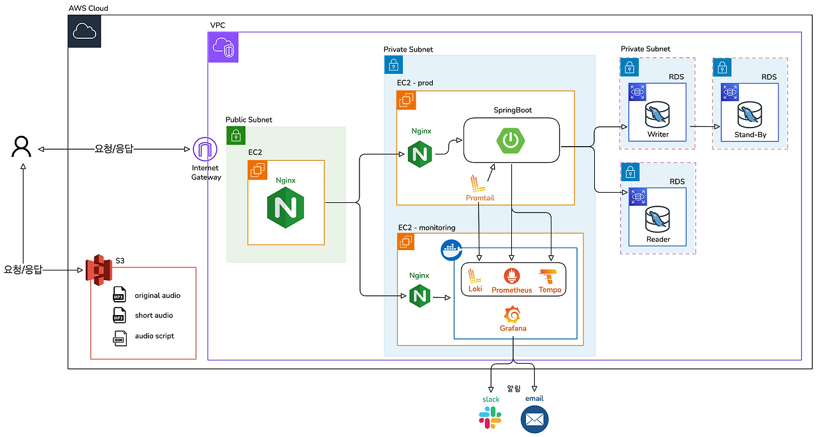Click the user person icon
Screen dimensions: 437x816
pyautogui.click(x=21, y=147)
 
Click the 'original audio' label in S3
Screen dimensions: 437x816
pyautogui.click(x=157, y=295)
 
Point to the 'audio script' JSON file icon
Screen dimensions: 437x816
pyautogui.click(x=119, y=337)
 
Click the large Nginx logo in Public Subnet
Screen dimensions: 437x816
pyautogui.click(x=286, y=209)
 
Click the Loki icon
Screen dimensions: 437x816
pyautogui.click(x=475, y=276)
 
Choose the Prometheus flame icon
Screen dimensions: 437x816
pyautogui.click(x=512, y=276)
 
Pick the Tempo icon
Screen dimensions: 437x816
pyautogui.click(x=550, y=276)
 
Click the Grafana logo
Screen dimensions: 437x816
pyautogui.click(x=513, y=315)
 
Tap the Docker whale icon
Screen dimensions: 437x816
pyautogui.click(x=451, y=250)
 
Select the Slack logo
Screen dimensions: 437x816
pyautogui.click(x=490, y=418)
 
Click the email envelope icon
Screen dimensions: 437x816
pyautogui.click(x=534, y=420)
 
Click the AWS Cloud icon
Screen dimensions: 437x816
pyautogui.click(x=84, y=31)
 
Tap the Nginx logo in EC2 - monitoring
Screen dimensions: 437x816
pyautogui.click(x=419, y=296)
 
